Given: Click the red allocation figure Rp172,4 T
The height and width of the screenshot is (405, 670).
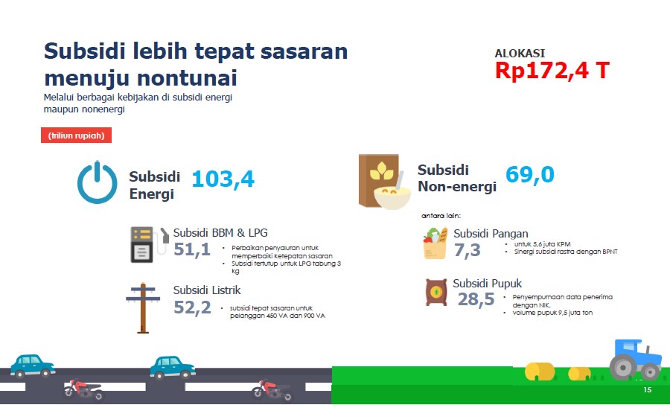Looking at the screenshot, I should pyautogui.click(x=552, y=71).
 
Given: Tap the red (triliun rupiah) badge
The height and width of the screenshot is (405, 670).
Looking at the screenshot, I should pyautogui.click(x=76, y=136).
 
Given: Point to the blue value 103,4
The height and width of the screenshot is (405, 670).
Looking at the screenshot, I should pyautogui.click(x=223, y=179).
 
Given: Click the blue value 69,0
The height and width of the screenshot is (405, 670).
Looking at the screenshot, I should pyautogui.click(x=529, y=175).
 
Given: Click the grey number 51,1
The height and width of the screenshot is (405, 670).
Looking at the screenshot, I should pyautogui.click(x=192, y=249).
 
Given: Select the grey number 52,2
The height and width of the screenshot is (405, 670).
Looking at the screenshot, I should pyautogui.click(x=192, y=307).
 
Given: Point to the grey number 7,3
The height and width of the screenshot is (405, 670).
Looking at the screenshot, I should pyautogui.click(x=467, y=250).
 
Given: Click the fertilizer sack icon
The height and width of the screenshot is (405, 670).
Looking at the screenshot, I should pyautogui.click(x=435, y=293).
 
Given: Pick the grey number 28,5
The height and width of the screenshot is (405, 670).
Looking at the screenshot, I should pyautogui.click(x=476, y=299).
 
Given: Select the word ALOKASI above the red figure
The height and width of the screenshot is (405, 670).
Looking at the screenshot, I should pyautogui.click(x=520, y=54).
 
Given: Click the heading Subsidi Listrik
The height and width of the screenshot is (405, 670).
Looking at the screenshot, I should pyautogui.click(x=207, y=290).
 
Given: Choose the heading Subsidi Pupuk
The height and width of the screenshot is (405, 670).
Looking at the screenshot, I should pyautogui.click(x=487, y=284).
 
